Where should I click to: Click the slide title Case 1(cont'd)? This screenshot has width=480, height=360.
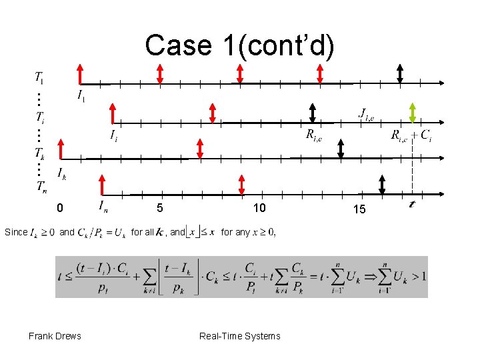click(x=240, y=45)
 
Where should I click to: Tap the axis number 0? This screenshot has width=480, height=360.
click(x=60, y=209)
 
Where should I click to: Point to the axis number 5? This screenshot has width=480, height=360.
click(x=160, y=209)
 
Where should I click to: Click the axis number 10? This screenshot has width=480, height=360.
click(x=259, y=209)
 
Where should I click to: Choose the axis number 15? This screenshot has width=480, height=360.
click(x=359, y=209)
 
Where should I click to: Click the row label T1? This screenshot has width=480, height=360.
click(x=39, y=77)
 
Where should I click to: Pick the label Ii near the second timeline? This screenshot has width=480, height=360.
click(x=115, y=136)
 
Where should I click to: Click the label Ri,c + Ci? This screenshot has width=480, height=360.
click(x=411, y=137)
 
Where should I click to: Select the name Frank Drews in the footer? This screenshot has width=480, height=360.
click(x=55, y=336)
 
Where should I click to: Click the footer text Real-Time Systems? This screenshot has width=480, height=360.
click(x=240, y=336)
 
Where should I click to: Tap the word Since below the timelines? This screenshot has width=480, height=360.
click(x=16, y=232)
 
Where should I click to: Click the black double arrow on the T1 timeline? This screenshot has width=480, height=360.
click(x=400, y=73)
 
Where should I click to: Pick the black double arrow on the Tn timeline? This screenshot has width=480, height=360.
click(x=382, y=185)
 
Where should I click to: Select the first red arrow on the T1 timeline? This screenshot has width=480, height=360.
click(x=80, y=73)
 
